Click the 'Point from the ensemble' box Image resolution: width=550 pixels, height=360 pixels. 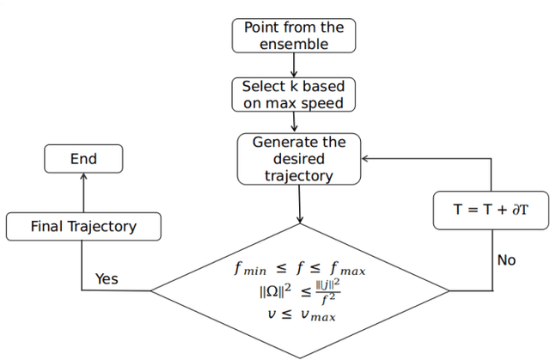click(x=293, y=35)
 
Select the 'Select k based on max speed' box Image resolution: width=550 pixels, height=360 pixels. click(x=293, y=95)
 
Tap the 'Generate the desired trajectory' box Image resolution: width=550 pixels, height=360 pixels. click(x=298, y=159)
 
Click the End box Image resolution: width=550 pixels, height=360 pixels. click(x=83, y=159)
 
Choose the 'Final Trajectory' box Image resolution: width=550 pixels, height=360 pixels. click(x=83, y=227)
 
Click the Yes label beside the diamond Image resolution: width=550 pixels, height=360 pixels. click(x=107, y=278)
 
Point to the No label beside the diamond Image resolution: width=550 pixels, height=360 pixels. click(x=506, y=259)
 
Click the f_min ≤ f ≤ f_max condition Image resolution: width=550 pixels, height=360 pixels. click(x=298, y=270)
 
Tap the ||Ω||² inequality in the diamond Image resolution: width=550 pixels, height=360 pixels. click(x=298, y=292)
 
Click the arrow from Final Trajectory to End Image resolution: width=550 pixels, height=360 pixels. click(x=83, y=193)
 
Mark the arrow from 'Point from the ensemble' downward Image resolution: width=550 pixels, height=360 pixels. click(x=293, y=65)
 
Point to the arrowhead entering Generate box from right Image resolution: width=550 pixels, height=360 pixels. click(x=365, y=159)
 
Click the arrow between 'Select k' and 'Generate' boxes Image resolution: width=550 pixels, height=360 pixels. click(x=293, y=122)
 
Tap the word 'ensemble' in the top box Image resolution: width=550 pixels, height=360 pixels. click(x=293, y=43)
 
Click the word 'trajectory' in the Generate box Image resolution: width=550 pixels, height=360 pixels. click(x=298, y=175)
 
